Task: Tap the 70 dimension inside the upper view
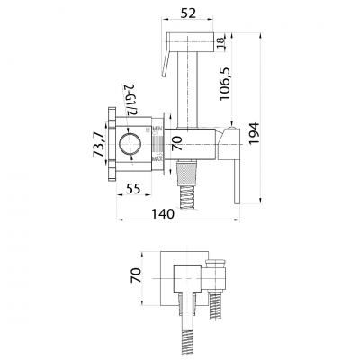pyautogui.click(x=178, y=141)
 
